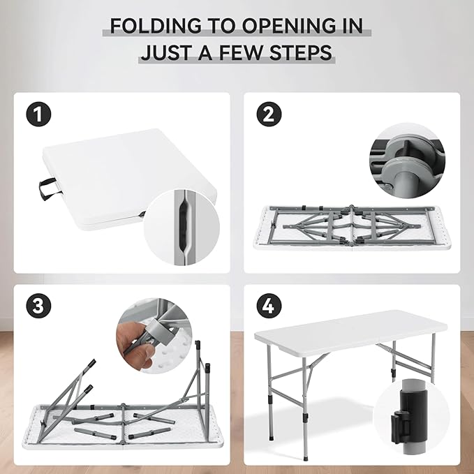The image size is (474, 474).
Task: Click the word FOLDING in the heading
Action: [156, 26]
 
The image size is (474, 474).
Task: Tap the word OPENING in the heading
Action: [288, 26]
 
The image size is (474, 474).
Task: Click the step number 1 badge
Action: [38, 114]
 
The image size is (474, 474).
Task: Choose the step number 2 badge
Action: [269, 114]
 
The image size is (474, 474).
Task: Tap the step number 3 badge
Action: [38, 306]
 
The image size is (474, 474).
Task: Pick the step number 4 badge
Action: [269, 306]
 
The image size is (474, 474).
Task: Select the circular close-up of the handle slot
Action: [182, 228]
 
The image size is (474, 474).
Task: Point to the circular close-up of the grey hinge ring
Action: [407, 161]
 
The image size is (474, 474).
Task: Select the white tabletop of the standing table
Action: [350, 331]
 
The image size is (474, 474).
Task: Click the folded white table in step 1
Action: [130, 179]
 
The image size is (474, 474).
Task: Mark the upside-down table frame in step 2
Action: [352, 228]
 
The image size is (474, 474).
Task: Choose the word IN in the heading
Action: [352, 26]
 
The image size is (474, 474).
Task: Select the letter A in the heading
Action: [205, 52]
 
